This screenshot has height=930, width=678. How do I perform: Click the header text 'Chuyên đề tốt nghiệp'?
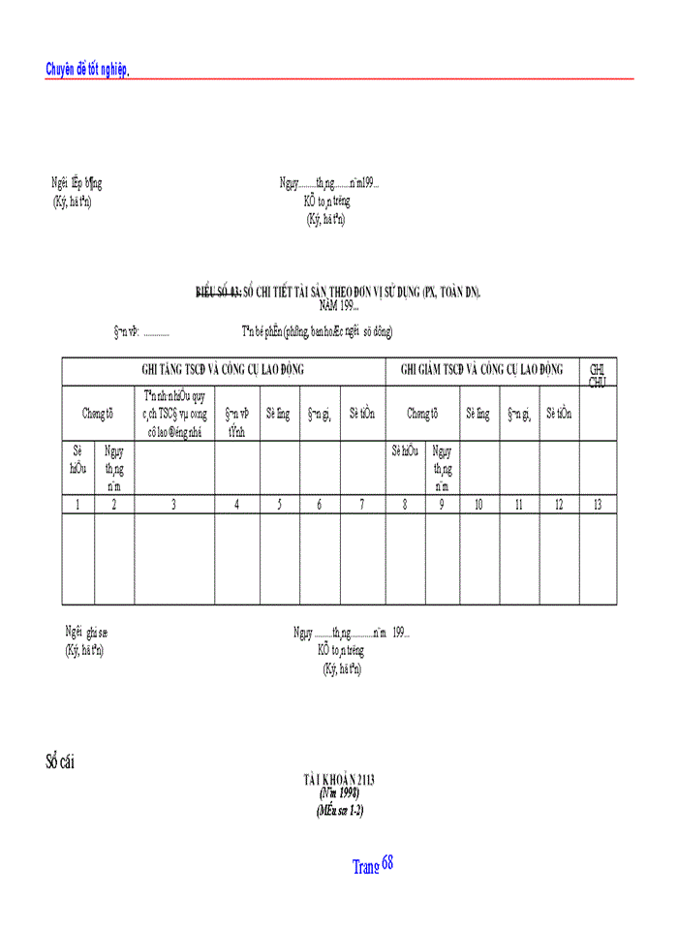coord(87,69)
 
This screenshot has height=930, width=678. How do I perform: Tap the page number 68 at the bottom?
coord(387,862)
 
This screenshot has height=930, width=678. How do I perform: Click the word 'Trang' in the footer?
coord(365,867)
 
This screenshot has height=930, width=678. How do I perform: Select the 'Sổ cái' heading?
coord(59,761)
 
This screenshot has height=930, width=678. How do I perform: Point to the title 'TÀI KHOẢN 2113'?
coord(338,779)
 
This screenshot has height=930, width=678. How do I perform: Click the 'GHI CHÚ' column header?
coord(598,374)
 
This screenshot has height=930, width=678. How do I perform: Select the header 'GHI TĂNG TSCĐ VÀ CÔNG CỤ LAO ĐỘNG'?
coord(224,370)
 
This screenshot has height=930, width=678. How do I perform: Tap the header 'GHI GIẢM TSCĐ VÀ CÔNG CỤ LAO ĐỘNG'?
coord(481,370)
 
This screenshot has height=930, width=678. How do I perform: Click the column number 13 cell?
coord(598,504)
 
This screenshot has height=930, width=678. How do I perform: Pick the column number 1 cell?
coord(77,504)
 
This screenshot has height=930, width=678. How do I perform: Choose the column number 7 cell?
coord(361,504)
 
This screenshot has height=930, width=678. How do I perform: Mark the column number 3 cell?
coord(173,504)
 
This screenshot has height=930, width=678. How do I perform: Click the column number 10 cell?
coord(479,504)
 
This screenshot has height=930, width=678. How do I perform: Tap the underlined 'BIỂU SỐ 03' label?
coord(218,293)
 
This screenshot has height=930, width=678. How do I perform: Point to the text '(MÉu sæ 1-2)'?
coord(338,810)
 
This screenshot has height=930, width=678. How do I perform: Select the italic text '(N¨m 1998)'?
coord(338,793)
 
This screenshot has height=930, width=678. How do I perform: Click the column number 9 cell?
coord(442,504)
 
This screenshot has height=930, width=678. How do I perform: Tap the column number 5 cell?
coord(279,504)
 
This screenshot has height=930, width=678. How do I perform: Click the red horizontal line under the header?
coord(387,78)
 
